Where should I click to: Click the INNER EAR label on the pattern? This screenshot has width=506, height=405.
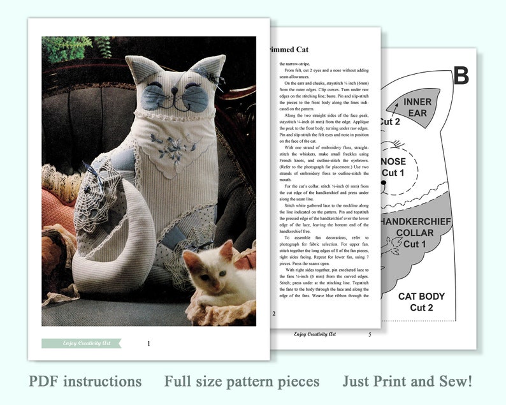417,107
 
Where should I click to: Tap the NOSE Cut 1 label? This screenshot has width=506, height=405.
393,166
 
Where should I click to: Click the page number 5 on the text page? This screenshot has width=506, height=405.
370,334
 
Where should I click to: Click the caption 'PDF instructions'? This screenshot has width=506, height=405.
85,381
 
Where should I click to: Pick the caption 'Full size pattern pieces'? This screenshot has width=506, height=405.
242,381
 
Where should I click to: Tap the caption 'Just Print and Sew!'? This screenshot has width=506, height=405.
407,381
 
